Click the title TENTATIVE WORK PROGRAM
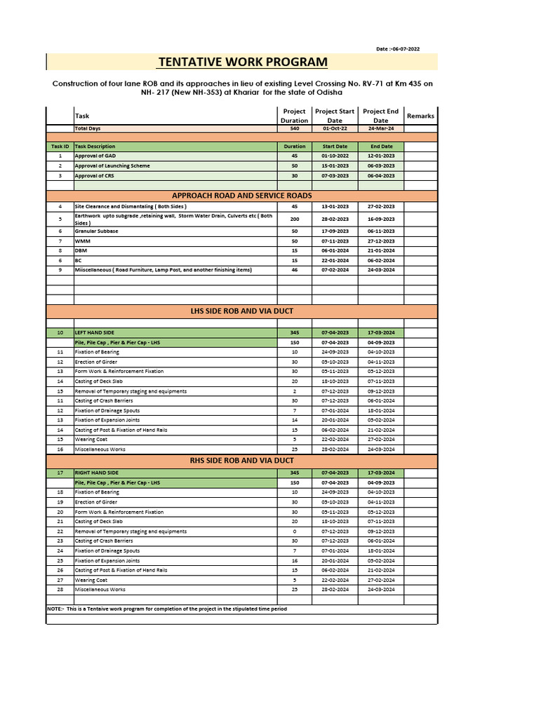(x=243, y=62)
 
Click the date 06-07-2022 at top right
(x=398, y=49)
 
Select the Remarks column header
(x=420, y=116)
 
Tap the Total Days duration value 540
(x=294, y=129)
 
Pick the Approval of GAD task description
(x=95, y=156)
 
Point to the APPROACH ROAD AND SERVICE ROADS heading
(x=242, y=195)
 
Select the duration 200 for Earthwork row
(x=294, y=219)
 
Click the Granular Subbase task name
(x=97, y=231)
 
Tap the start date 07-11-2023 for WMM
(x=335, y=241)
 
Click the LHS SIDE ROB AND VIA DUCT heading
(x=242, y=310)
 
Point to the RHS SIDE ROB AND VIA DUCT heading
(x=242, y=460)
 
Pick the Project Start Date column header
(x=335, y=116)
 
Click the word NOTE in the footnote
(x=55, y=609)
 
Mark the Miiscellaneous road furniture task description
(x=163, y=270)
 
